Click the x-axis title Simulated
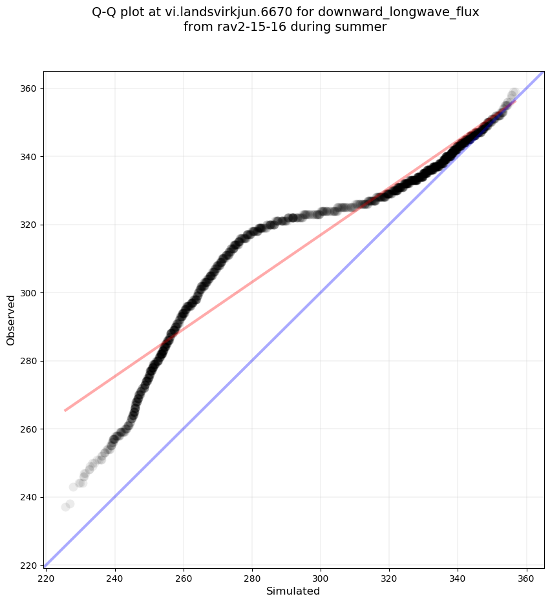[x=293, y=591]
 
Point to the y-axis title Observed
[x=12, y=320]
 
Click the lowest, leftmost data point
[x=65, y=507]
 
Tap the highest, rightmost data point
[x=514, y=92]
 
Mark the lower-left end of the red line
[x=65, y=410]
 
